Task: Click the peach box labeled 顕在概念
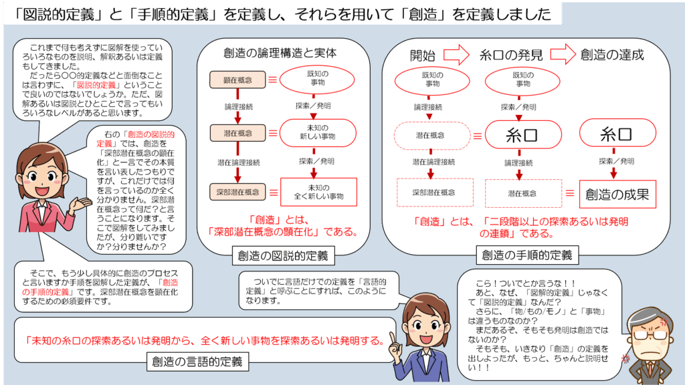coord(237,80)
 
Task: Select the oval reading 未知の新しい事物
coord(318,133)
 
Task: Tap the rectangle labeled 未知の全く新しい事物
coord(318,192)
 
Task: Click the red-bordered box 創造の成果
coord(617,195)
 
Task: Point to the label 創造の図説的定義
coord(283,256)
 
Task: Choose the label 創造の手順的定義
coord(527,255)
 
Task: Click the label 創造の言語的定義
coord(197,362)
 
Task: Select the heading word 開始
coord(423,55)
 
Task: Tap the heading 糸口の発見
coord(511,55)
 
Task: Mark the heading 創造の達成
coord(612,55)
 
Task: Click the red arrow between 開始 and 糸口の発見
coord(456,55)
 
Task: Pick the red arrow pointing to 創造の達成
coord(563,54)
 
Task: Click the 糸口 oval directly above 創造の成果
coord(617,134)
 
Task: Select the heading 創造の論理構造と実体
coord(280,53)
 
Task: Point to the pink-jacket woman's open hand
coord(81,203)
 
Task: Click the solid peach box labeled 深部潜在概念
coord(237,192)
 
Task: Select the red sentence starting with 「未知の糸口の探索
coord(205,340)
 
